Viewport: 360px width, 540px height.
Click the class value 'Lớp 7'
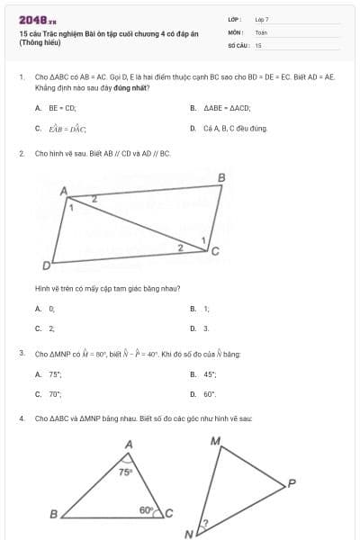click(x=262, y=19)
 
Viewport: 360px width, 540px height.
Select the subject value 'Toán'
click(x=261, y=31)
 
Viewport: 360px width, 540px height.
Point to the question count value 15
click(x=258, y=44)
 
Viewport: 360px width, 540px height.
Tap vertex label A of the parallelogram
click(x=64, y=191)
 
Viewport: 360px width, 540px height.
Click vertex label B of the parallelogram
click(x=221, y=178)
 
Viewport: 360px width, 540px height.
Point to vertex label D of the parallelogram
click(x=46, y=266)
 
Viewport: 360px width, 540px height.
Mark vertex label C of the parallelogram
click(x=215, y=251)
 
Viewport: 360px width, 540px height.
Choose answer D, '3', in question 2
click(x=206, y=328)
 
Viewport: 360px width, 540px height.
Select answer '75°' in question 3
click(x=55, y=373)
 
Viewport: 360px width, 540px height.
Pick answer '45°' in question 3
click(x=210, y=373)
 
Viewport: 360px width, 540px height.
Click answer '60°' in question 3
click(x=210, y=394)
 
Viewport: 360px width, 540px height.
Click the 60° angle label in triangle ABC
click(x=147, y=509)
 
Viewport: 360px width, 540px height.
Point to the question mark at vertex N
click(x=204, y=524)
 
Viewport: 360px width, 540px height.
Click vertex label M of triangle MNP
click(x=215, y=441)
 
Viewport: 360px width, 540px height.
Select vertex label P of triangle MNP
click(x=292, y=483)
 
